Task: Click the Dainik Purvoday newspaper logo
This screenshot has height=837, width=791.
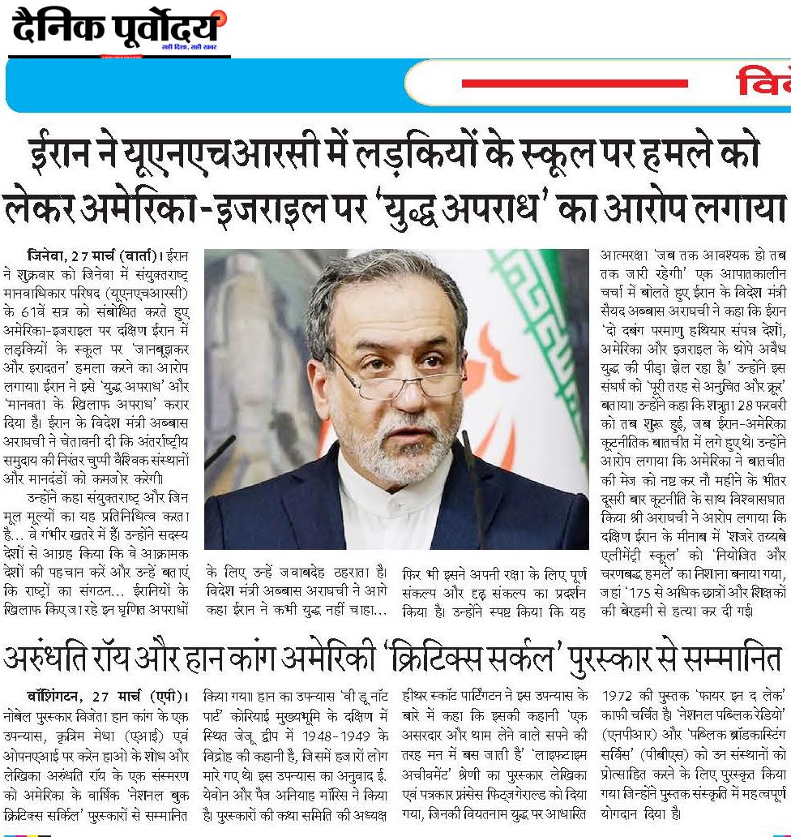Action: coord(118,31)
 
